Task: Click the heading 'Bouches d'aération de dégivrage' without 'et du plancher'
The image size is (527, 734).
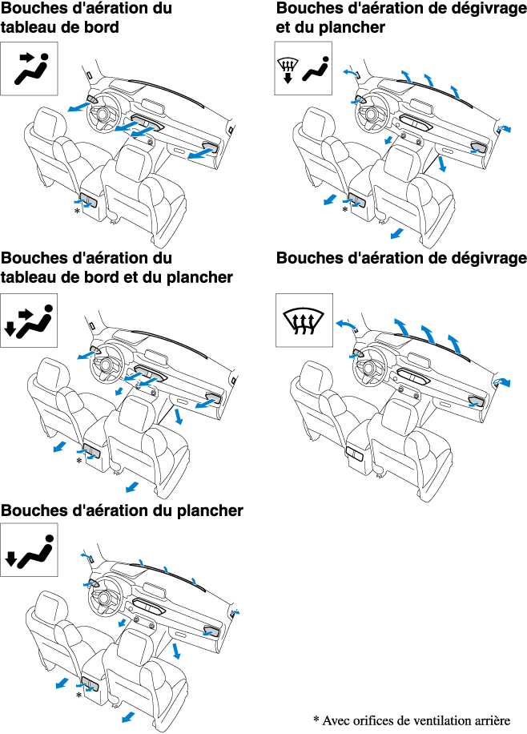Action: [401, 259]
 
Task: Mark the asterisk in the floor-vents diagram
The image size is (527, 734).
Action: [78, 696]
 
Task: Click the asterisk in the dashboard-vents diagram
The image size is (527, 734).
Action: [77, 211]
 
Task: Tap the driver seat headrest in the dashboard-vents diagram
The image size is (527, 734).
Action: [47, 123]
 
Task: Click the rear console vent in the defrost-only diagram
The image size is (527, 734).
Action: [354, 454]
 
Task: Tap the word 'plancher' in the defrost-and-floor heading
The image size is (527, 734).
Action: [355, 28]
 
